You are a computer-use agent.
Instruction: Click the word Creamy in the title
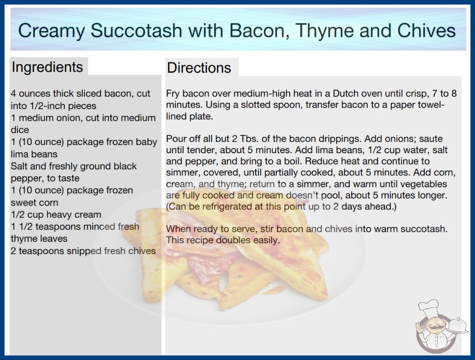(x=51, y=31)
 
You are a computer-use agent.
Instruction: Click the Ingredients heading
(x=47, y=67)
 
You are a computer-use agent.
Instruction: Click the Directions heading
(x=199, y=68)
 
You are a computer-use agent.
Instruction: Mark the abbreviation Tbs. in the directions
(x=249, y=139)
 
